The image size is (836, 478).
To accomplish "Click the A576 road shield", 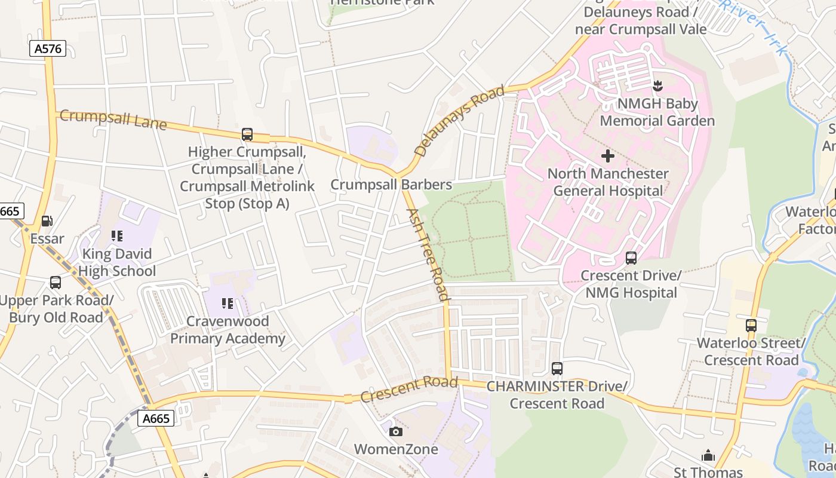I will point(48,49).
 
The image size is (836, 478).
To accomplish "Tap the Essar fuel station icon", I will point(47,221).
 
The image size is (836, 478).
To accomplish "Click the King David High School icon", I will point(117,236).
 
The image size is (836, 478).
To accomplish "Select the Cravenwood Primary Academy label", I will point(228,330).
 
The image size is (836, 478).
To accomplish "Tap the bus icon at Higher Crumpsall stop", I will point(247,134).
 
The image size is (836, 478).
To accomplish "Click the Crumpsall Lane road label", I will point(113,118).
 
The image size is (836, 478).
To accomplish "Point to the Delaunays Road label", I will point(459,121).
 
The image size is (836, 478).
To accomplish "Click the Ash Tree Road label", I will point(428,255).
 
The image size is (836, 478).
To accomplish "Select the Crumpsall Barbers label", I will point(391,185).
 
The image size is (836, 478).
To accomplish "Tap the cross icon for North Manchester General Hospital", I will point(608,157).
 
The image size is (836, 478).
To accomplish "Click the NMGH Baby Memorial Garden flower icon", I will point(657,86).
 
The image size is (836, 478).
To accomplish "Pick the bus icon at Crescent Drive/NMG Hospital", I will point(631,258).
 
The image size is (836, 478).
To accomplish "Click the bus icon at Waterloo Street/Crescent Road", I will point(751,326).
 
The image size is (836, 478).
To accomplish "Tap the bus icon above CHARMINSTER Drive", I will point(557,369).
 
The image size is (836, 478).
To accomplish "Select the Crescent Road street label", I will point(409,390).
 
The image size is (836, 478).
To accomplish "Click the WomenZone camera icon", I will point(395,431).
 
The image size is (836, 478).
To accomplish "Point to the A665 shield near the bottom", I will point(157,418).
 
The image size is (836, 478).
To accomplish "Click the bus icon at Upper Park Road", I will point(56,282).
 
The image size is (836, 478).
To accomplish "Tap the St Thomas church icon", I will point(708,456).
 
